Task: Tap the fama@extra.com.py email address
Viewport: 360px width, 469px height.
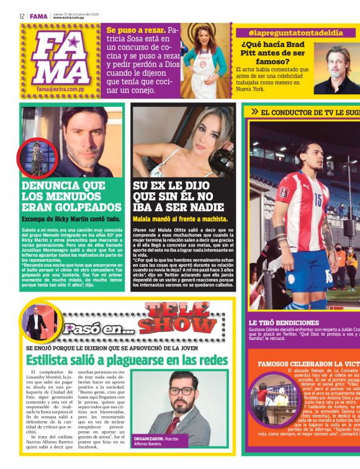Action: point(61,89)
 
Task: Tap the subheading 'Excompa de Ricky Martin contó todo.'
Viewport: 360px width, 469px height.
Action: point(70,219)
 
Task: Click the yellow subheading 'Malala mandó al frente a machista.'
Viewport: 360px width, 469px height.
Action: point(181,219)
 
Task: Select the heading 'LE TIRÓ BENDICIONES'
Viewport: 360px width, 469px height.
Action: point(284,323)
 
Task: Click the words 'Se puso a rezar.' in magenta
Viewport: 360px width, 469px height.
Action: point(137,30)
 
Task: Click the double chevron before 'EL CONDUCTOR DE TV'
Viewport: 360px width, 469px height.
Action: point(254,112)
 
